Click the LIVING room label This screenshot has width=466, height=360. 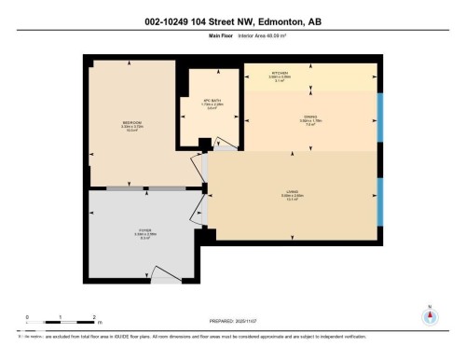pyautogui.click(x=292, y=192)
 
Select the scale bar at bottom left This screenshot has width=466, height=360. pyautogui.click(x=61, y=323)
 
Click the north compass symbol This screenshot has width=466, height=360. pyautogui.click(x=429, y=317)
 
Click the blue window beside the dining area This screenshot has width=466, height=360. pyautogui.click(x=378, y=115)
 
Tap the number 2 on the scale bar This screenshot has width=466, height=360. pyautogui.click(x=94, y=316)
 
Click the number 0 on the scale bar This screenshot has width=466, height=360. pyautogui.click(x=27, y=316)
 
